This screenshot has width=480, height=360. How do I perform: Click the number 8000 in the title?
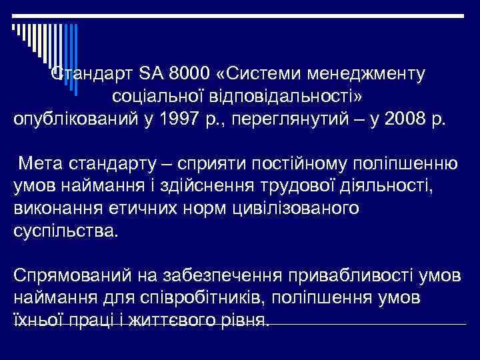pyautogui.click(x=185, y=73)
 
